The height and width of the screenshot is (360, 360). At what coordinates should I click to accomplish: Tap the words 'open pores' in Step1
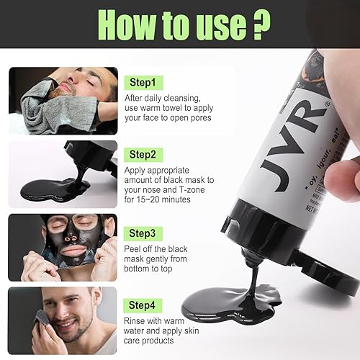click(x=186, y=117)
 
